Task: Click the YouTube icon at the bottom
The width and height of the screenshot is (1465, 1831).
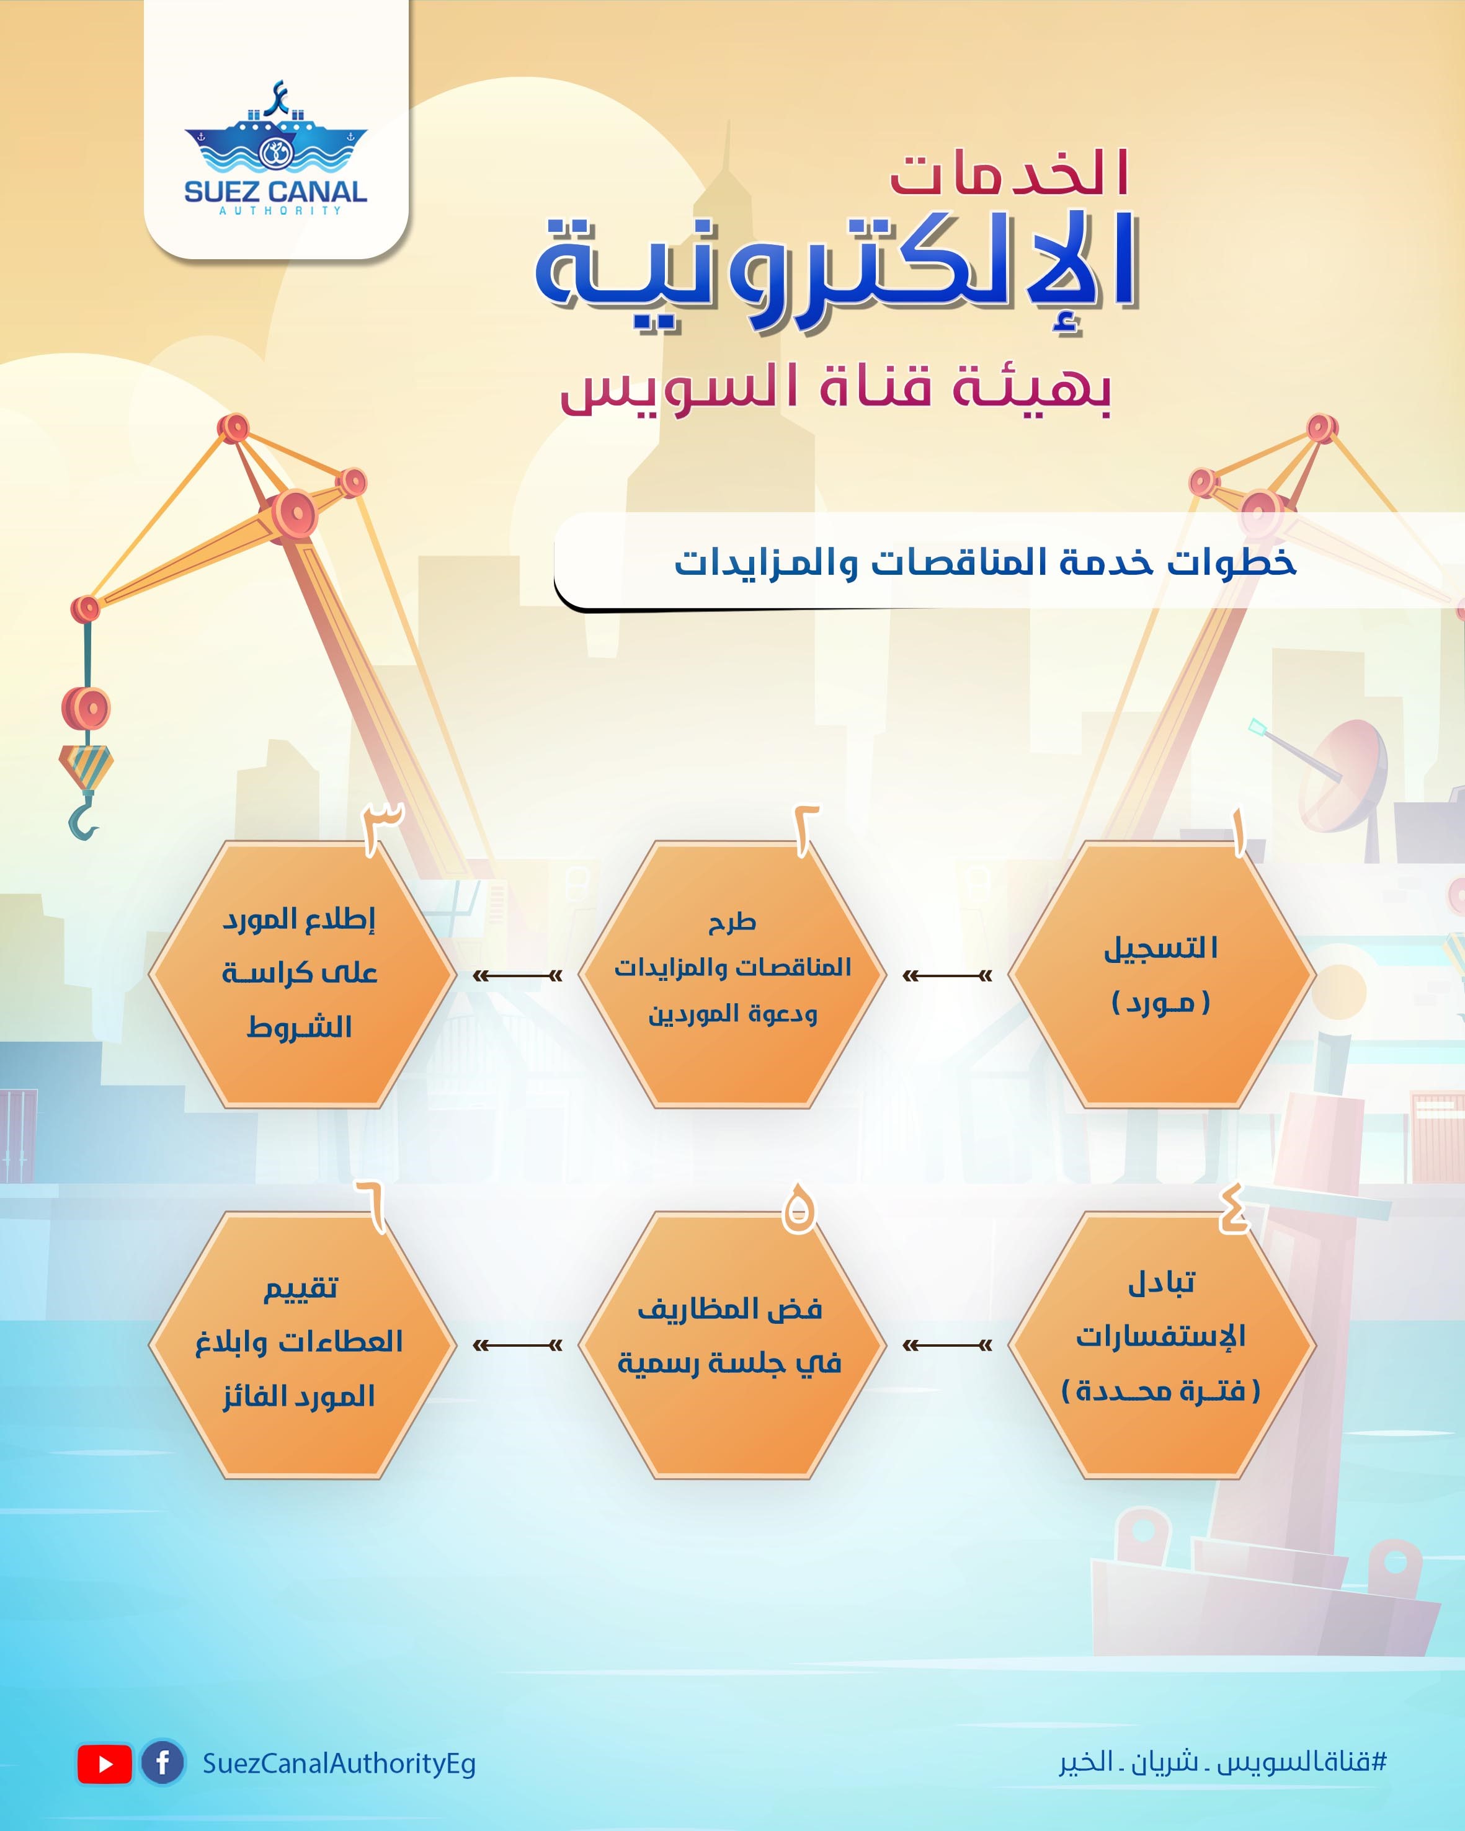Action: pos(104,1764)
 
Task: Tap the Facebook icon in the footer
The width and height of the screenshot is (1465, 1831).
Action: pos(163,1763)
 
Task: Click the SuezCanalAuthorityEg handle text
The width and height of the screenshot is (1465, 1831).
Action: pos(339,1764)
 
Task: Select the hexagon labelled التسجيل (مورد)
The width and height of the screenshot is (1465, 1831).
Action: pos(1161,975)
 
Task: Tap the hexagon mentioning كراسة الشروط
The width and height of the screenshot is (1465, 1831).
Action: pos(302,975)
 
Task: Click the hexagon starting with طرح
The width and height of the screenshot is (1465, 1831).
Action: pos(731,975)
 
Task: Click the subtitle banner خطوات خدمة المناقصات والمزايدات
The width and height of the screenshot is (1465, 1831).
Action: pos(985,562)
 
